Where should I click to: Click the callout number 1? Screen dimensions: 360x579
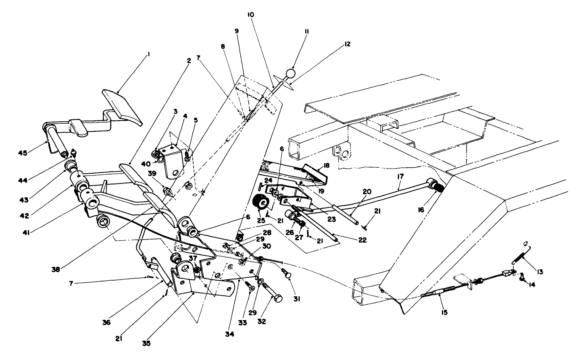[148, 53]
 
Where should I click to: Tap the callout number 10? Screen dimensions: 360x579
[250, 15]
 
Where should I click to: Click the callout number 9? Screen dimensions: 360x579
[237, 31]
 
